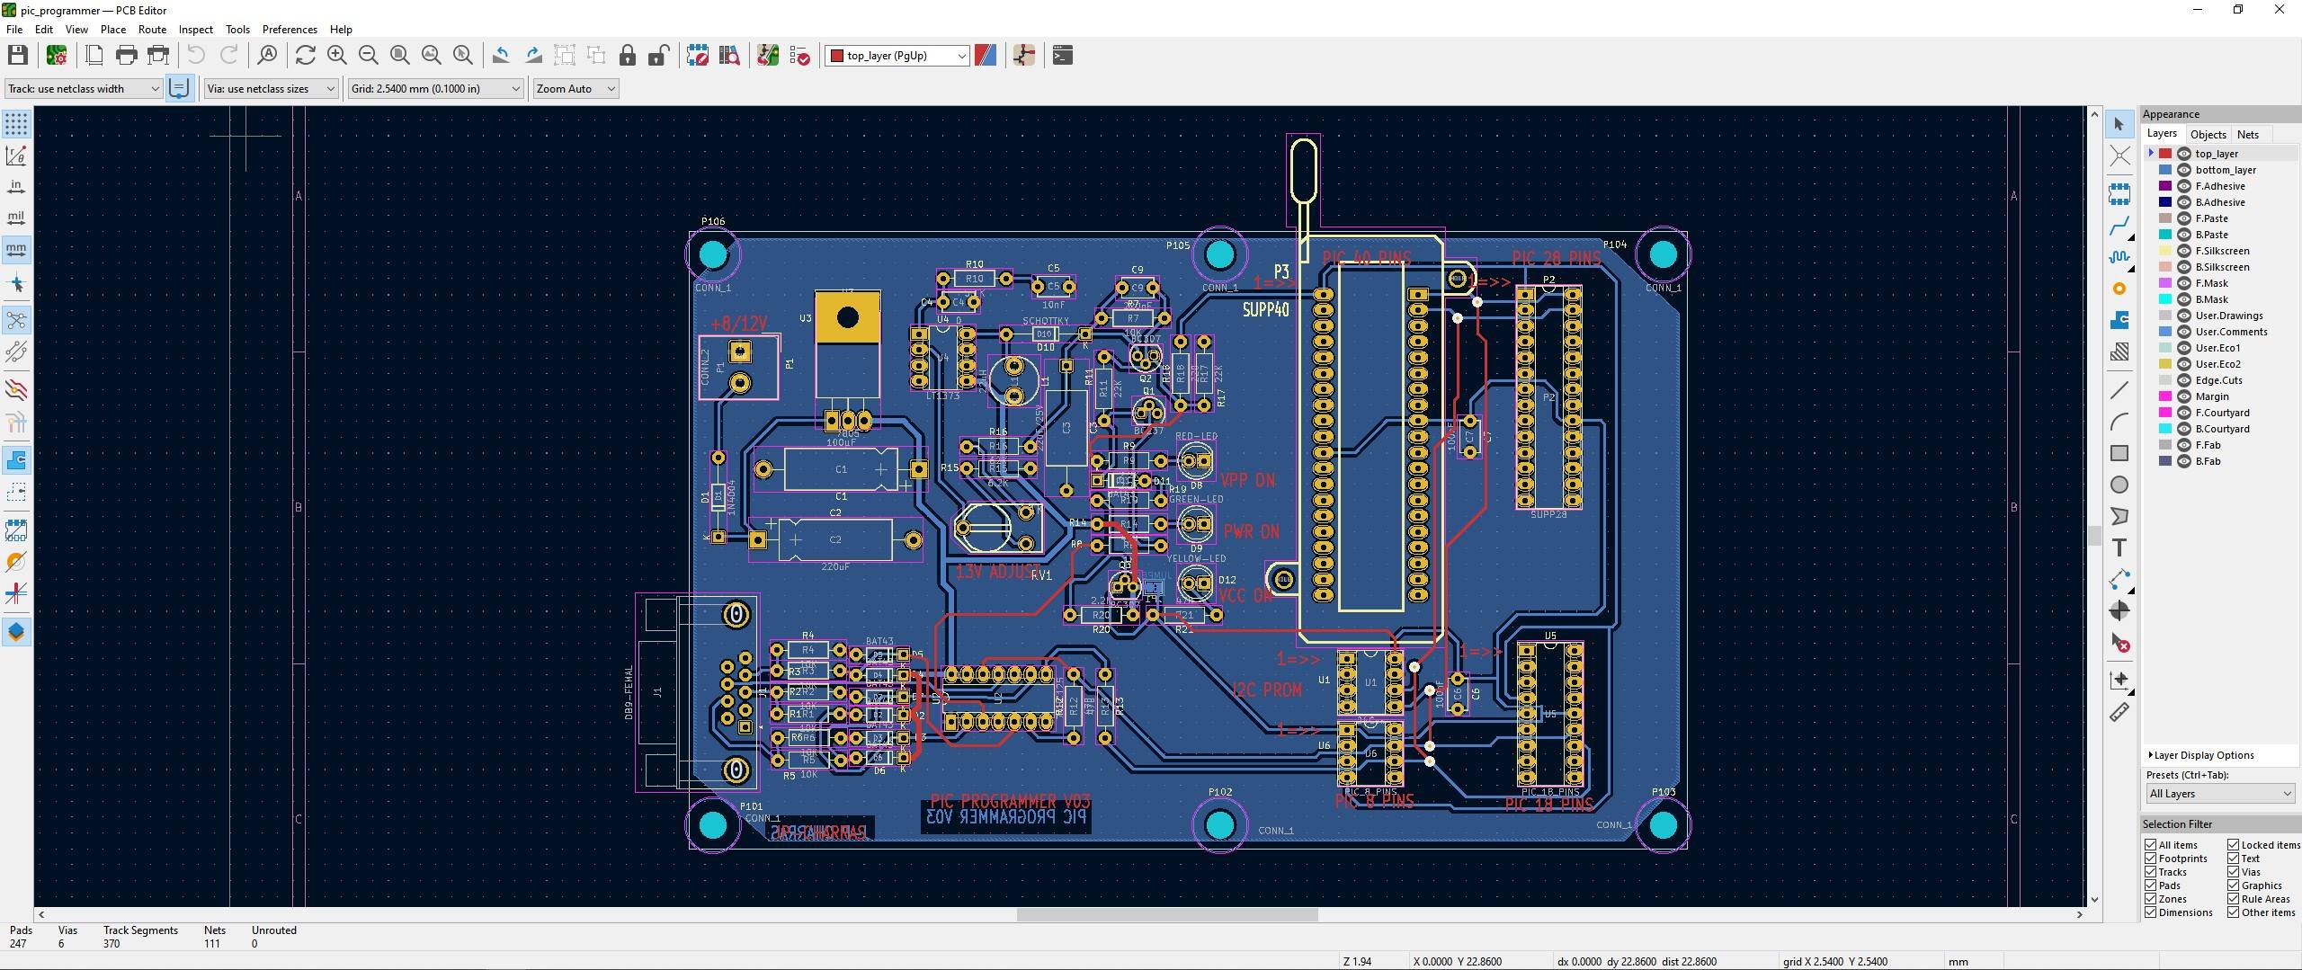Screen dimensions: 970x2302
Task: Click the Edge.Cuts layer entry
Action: tap(2218, 380)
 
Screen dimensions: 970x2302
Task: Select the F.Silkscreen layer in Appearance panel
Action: tap(2222, 251)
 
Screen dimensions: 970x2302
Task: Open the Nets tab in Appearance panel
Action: tap(2247, 135)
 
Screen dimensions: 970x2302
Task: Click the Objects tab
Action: tap(2208, 135)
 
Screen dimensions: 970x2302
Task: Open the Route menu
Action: tap(152, 30)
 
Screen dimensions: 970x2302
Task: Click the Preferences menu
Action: tap(290, 30)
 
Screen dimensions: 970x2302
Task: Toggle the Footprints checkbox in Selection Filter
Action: tap(2151, 859)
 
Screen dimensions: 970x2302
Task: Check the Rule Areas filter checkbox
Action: tap(2234, 899)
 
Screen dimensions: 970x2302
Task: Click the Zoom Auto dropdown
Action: tap(575, 89)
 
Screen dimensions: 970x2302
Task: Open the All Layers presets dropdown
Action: tap(2220, 794)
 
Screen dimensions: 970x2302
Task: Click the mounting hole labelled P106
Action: tap(713, 254)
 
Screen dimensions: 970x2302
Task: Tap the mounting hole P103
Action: tap(1663, 824)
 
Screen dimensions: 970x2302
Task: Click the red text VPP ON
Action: tap(1247, 480)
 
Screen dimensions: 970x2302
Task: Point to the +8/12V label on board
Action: tap(738, 324)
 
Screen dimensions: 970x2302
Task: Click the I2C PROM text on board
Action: tap(1266, 690)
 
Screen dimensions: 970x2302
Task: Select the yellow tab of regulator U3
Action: tap(847, 317)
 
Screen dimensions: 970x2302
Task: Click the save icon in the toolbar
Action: tap(17, 56)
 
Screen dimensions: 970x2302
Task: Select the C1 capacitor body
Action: tap(841, 469)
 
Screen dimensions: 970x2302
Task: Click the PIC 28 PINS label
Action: tap(1556, 259)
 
